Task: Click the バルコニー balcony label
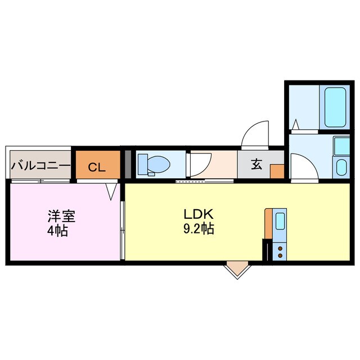pyautogui.click(x=41, y=166)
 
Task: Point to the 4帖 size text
pyautogui.click(x=57, y=231)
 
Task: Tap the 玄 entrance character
pyautogui.click(x=256, y=165)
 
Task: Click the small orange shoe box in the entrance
pyautogui.click(x=277, y=171)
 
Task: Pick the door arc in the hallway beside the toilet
pyautogui.click(x=198, y=166)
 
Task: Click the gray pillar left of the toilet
pyautogui.click(x=128, y=164)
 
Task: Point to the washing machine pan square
pyautogui.click(x=341, y=146)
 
